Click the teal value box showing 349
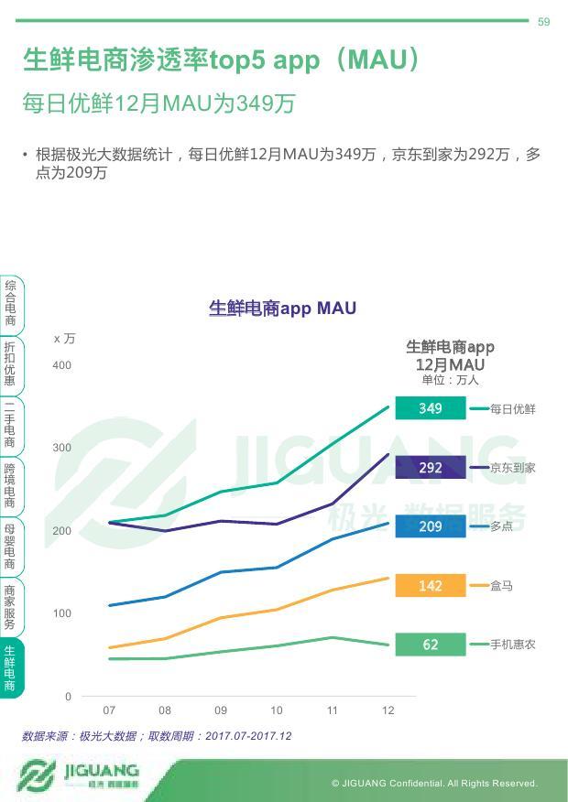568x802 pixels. point(430,408)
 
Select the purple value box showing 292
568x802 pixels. point(430,468)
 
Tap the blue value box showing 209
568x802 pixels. point(430,526)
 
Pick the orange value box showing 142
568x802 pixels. point(430,586)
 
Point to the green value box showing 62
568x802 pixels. point(430,645)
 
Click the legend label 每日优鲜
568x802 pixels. point(513,409)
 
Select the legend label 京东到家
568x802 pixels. point(513,468)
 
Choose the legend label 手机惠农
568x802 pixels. point(513,645)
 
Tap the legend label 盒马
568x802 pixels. point(501,586)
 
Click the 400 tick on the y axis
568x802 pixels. point(61,366)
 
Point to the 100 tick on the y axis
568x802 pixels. point(61,613)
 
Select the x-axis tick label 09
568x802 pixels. point(221,710)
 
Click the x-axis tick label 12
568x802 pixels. point(388,710)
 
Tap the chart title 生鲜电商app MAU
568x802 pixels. point(282,309)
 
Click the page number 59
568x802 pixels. point(543,22)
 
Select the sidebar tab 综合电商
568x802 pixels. point(10,304)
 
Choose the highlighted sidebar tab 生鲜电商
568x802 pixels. point(10,667)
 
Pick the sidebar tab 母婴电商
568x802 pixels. point(10,547)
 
